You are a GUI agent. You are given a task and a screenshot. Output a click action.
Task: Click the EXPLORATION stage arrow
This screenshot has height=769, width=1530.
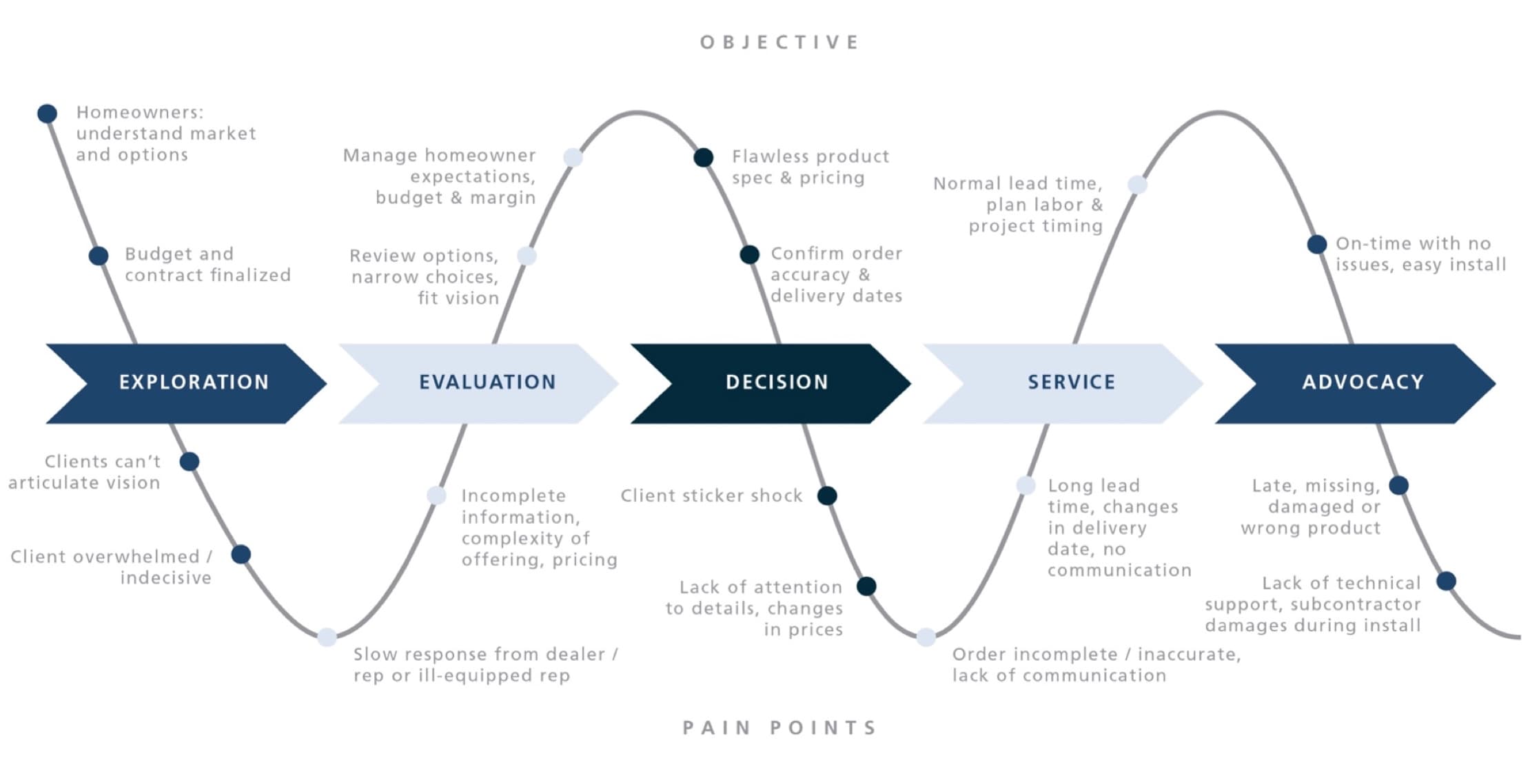click(x=186, y=383)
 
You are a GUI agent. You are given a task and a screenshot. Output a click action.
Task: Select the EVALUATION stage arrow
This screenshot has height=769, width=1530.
click(x=482, y=383)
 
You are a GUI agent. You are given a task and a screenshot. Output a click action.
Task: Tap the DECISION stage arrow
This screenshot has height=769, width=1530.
click(x=772, y=383)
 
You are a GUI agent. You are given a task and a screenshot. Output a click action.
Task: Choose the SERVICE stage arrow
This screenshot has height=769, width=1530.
click(x=1065, y=383)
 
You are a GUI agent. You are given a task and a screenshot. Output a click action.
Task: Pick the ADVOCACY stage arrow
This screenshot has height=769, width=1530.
click(x=1358, y=383)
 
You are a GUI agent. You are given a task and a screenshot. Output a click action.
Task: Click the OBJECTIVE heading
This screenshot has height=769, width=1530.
click(x=779, y=43)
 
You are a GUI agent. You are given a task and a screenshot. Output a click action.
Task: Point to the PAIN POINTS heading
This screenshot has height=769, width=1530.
click(x=779, y=728)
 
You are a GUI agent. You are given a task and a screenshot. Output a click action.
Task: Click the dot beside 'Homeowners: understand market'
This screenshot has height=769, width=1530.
click(x=47, y=114)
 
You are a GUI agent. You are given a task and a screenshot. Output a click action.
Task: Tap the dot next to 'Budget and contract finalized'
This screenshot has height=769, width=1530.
click(x=99, y=256)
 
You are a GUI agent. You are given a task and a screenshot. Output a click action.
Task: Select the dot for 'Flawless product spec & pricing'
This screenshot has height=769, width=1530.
click(x=703, y=158)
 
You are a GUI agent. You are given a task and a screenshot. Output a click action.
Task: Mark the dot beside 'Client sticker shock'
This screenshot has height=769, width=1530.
click(x=827, y=495)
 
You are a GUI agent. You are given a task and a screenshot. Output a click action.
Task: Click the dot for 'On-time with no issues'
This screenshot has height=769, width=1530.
click(x=1317, y=244)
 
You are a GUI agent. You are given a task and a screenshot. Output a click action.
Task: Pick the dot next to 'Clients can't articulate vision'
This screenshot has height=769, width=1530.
click(x=190, y=462)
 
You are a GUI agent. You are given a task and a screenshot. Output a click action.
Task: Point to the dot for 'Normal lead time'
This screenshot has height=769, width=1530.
click(x=1137, y=185)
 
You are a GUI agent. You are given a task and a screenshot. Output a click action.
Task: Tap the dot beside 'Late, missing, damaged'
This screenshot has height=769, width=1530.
click(x=1398, y=486)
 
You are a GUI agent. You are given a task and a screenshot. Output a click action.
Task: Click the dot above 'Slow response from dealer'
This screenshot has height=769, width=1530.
click(x=327, y=637)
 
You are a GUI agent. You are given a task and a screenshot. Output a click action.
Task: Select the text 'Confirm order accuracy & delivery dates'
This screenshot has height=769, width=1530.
click(x=836, y=274)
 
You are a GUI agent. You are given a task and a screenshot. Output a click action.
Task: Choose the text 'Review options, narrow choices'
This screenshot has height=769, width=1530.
click(x=425, y=276)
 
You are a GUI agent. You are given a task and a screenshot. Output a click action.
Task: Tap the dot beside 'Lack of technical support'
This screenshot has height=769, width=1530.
click(x=1446, y=581)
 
